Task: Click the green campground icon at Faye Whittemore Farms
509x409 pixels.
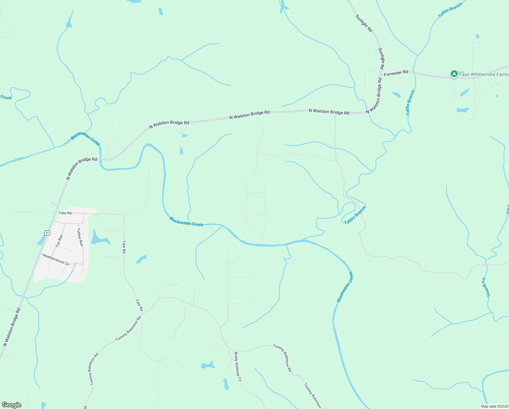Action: (454, 74)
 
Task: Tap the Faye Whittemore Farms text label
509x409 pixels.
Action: (484, 74)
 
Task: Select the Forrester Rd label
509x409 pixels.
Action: (396, 73)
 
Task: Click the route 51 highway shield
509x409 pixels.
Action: (47, 233)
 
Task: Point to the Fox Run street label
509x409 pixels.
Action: (59, 241)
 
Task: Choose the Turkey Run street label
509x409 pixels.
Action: (80, 238)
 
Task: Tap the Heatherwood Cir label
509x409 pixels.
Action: (56, 259)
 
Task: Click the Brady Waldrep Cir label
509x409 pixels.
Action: (237, 366)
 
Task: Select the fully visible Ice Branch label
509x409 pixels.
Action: (486, 287)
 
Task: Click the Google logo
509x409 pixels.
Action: (12, 405)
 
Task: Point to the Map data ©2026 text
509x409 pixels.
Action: (494, 406)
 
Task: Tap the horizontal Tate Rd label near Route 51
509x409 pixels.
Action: (65, 213)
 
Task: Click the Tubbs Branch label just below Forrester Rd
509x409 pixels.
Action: (410, 103)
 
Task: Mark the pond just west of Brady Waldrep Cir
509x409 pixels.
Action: (208, 365)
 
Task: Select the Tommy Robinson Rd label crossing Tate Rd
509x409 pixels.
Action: (128, 329)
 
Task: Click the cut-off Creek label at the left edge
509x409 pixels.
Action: (6, 97)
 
